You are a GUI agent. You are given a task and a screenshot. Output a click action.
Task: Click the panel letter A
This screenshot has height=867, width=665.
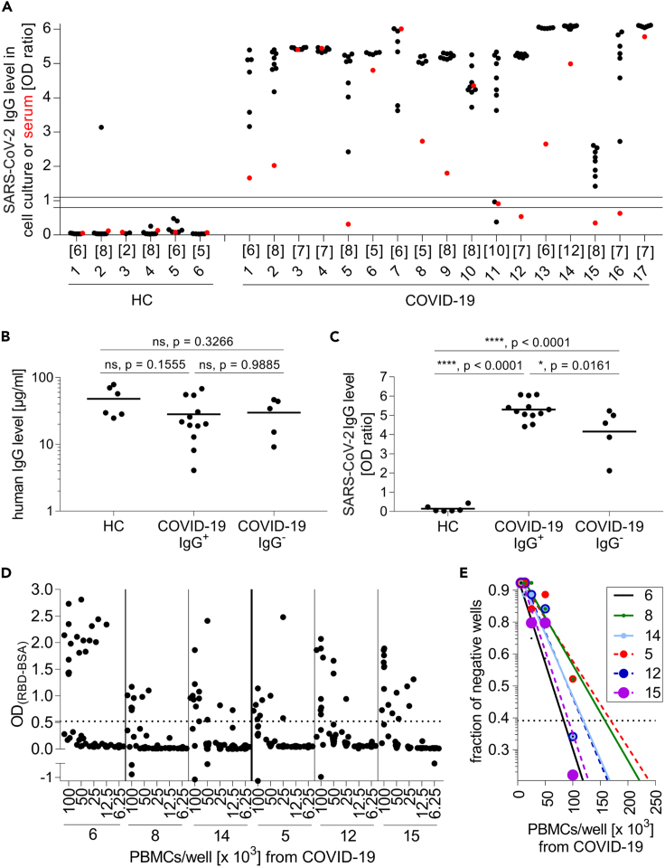coord(7,7)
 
